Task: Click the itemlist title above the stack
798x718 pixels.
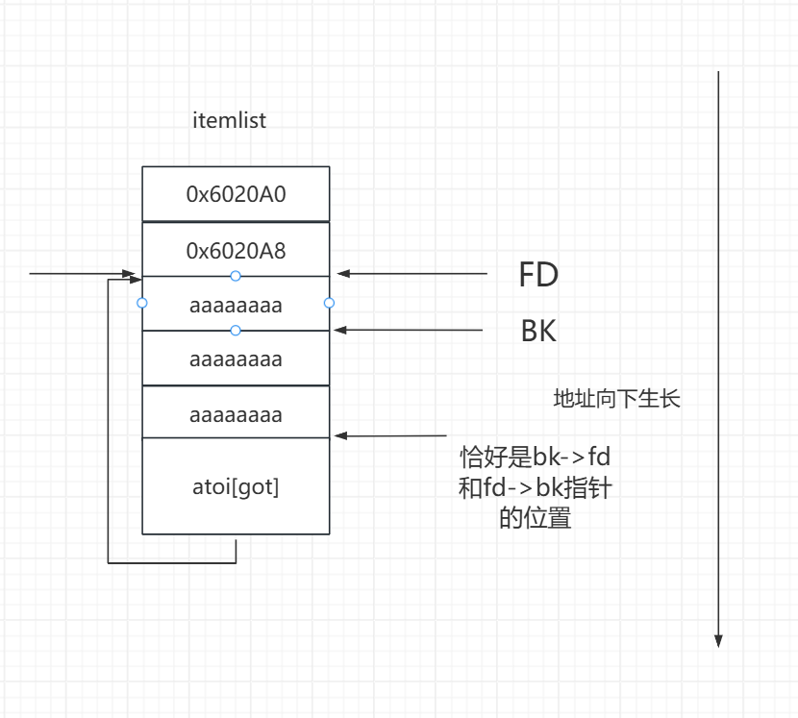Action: point(230,121)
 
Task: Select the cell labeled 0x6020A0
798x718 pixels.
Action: point(236,193)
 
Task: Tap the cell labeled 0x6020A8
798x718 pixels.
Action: point(236,251)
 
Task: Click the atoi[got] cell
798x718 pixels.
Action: point(236,486)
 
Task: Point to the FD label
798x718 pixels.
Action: point(538,276)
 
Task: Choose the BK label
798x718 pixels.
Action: point(538,332)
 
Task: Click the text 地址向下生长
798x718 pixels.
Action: point(617,399)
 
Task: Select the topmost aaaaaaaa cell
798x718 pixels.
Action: point(236,306)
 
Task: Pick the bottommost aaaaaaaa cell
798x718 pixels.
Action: point(236,415)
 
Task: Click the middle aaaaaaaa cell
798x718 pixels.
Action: point(236,359)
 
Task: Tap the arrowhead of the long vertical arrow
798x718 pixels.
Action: point(718,640)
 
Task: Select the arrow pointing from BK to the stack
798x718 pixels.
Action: point(409,330)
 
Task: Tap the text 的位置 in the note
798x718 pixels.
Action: point(536,519)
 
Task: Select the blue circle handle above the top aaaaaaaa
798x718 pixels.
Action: point(236,276)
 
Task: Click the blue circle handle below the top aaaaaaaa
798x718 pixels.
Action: point(236,331)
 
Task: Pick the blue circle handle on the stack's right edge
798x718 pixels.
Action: point(329,303)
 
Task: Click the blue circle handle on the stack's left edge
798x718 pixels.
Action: point(142,303)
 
